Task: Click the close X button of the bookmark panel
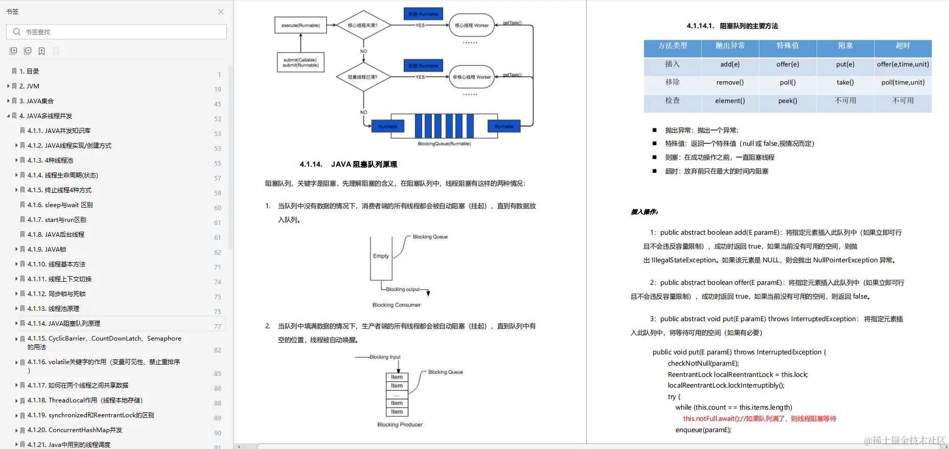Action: pyautogui.click(x=221, y=12)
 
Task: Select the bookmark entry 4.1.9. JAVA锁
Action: pyautogui.click(x=47, y=250)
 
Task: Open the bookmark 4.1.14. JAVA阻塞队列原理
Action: pyautogui.click(x=64, y=324)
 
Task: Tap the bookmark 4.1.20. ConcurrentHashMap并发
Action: pyautogui.click(x=75, y=430)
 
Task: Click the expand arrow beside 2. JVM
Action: pyautogui.click(x=8, y=86)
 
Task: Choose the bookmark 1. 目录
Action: pyautogui.click(x=29, y=72)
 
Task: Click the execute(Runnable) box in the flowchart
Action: pyautogui.click(x=300, y=25)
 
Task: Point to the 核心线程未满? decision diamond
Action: pyautogui.click(x=363, y=25)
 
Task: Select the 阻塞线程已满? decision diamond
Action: pyautogui.click(x=363, y=77)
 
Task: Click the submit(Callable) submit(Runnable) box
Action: pyautogui.click(x=300, y=63)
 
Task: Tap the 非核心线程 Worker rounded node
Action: pyautogui.click(x=472, y=77)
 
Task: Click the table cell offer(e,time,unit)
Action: pyautogui.click(x=903, y=64)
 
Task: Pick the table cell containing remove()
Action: pyautogui.click(x=730, y=82)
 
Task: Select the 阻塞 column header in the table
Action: pyautogui.click(x=845, y=46)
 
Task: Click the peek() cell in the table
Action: pyautogui.click(x=788, y=101)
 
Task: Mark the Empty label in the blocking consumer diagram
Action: pyautogui.click(x=381, y=256)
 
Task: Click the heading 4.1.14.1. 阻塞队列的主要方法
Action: pyautogui.click(x=732, y=26)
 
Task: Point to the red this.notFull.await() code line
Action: pyautogui.click(x=759, y=419)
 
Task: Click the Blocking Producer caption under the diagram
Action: pyautogui.click(x=400, y=425)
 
